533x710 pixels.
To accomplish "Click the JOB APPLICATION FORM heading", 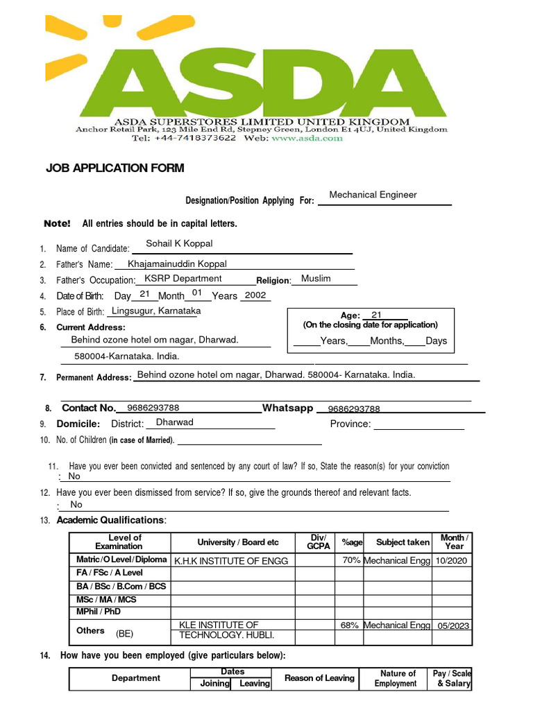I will coord(115,168).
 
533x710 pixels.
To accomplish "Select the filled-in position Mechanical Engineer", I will coord(373,195).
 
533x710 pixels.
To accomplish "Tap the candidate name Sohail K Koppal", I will coord(179,243).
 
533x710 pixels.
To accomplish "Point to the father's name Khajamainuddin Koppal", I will coord(177,264).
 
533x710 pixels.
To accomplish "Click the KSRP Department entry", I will coord(183,279).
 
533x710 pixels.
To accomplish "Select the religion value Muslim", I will coord(316,279).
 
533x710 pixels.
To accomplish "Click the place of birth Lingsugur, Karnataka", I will coord(156,311).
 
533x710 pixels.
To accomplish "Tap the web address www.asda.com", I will coord(316,138).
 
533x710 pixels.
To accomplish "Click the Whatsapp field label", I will coord(287,408).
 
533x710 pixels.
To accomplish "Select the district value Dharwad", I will coord(175,422).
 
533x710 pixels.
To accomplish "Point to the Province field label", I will coord(350,424).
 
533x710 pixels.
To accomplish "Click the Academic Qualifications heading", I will coord(111,520).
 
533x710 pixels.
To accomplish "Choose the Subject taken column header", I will coord(403,542).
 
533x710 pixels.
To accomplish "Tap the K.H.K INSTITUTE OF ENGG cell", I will coord(230,561).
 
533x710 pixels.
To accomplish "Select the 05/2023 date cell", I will coord(453,625).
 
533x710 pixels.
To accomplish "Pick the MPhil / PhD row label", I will coord(98,612).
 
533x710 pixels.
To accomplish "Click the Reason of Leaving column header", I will coord(319,678).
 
